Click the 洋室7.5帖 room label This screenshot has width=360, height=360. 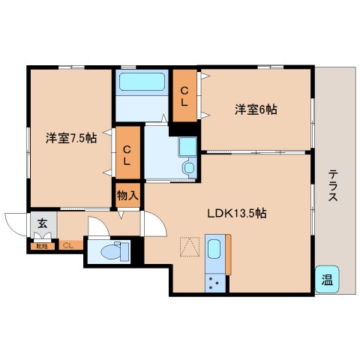point(70,138)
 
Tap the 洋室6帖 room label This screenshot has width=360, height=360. point(256,110)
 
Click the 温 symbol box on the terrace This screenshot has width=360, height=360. point(327,279)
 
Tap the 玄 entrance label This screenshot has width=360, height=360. point(42,223)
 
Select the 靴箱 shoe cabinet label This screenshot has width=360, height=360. point(39,244)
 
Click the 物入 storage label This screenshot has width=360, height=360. point(127,196)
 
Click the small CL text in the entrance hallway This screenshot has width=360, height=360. point(67,244)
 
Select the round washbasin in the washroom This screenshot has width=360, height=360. point(188,168)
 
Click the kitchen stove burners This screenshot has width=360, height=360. point(214,283)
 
